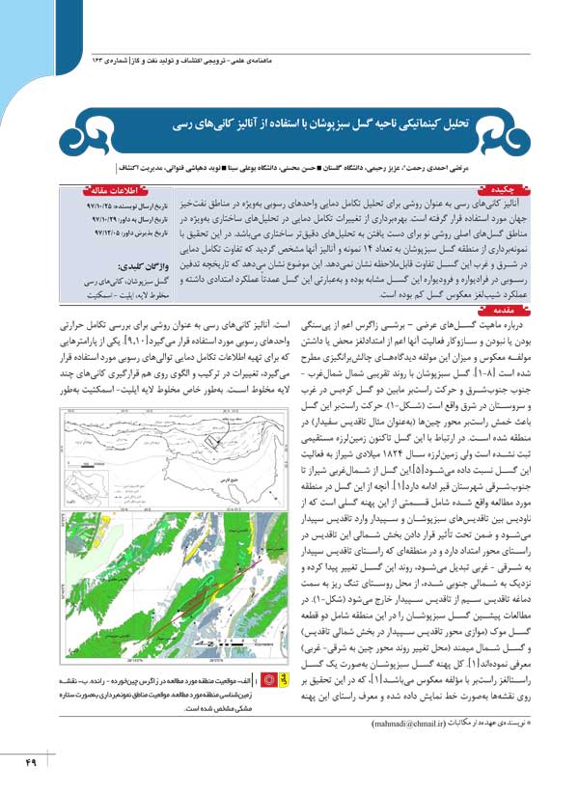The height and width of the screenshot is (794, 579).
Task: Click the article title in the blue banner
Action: tap(290, 126)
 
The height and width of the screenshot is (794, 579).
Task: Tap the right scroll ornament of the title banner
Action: tap(502, 125)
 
